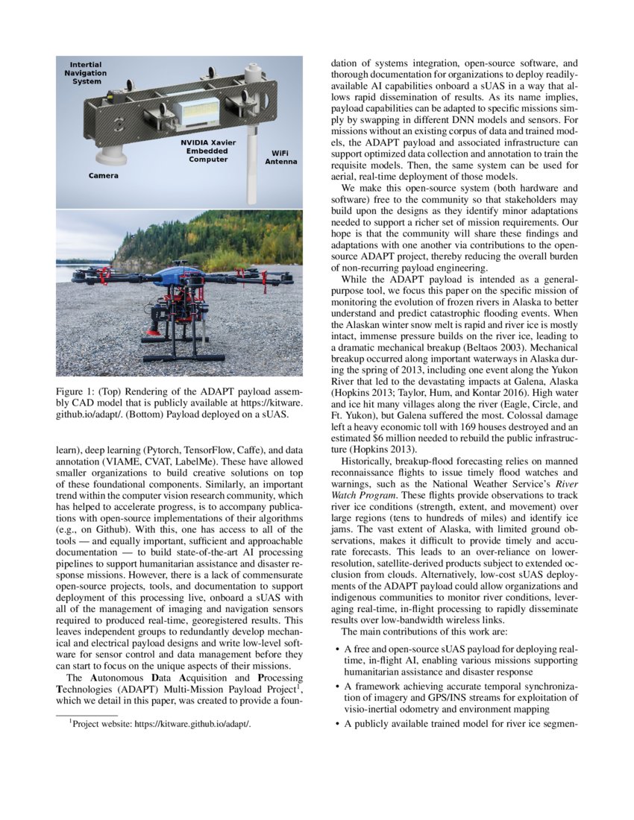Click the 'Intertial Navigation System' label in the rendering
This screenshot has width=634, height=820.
[x=85, y=73]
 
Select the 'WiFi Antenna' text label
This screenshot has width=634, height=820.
[x=281, y=157]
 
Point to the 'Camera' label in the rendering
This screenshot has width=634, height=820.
[x=103, y=176]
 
